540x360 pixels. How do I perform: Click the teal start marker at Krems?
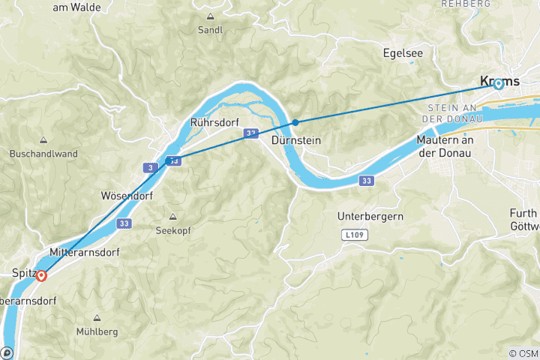(x=498, y=84)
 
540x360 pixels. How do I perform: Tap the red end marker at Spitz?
(x=41, y=275)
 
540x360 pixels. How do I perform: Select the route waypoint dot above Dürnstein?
(x=296, y=122)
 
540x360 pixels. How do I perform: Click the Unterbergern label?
(x=370, y=216)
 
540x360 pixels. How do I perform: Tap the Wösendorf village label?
(x=127, y=196)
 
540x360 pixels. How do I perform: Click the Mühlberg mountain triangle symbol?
(x=97, y=317)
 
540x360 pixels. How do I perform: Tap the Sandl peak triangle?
(x=210, y=16)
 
